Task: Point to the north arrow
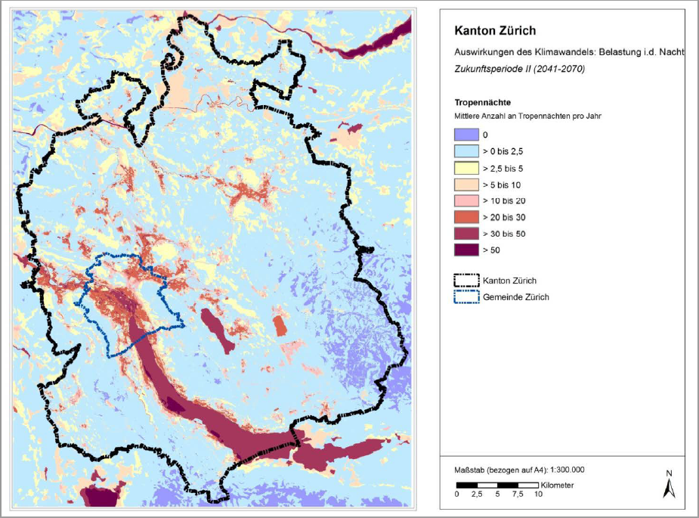tap(668, 485)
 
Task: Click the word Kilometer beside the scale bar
tap(558, 484)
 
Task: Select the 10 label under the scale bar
tap(538, 495)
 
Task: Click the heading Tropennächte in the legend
tap(484, 102)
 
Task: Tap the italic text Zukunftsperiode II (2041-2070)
tap(519, 68)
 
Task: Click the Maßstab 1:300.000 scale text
tap(514, 470)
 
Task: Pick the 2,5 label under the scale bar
tap(477, 495)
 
